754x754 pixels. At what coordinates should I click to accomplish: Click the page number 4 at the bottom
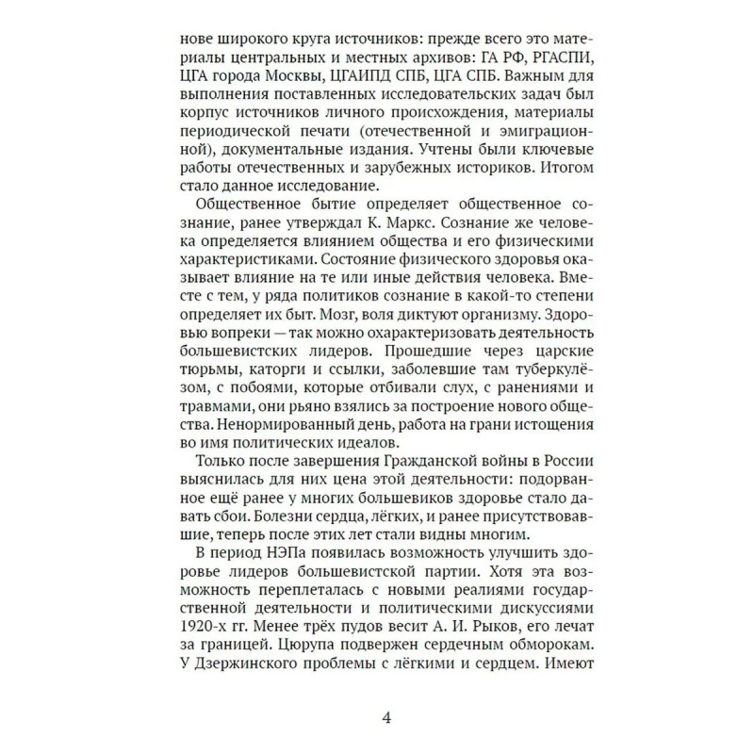386,715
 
